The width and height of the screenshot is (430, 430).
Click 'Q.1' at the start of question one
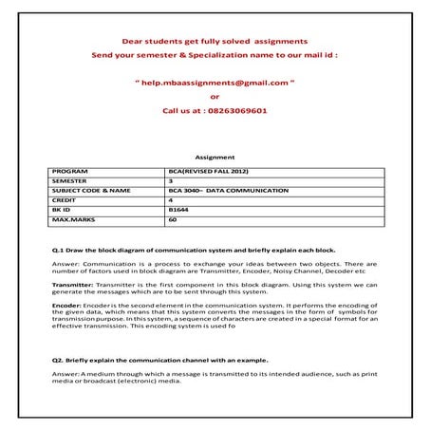click(x=57, y=248)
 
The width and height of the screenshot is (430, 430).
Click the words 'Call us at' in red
click(x=182, y=110)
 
